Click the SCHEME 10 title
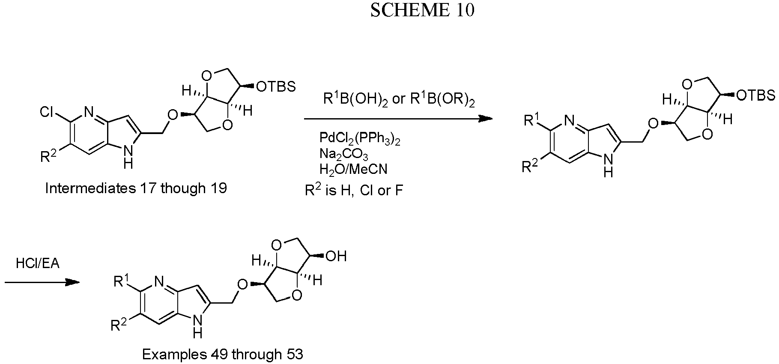point(422,10)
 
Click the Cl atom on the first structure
point(48,113)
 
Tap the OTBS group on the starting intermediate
point(276,87)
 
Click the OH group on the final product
point(336,257)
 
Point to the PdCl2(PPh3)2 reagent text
point(360,138)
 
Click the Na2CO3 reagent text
point(343,154)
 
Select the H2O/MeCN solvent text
point(353,169)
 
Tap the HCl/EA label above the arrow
point(38,263)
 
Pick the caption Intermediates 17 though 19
point(136,188)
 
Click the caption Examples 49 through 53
point(222,355)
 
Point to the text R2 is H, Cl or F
point(354,190)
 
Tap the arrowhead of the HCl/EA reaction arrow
point(73,282)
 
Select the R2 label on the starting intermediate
point(48,158)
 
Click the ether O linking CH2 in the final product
point(242,284)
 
